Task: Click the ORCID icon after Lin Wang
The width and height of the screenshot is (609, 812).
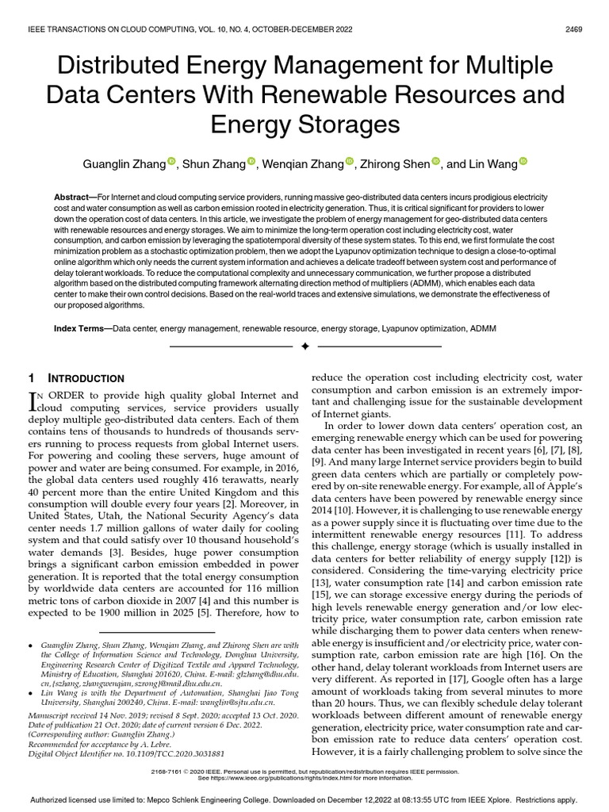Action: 522,163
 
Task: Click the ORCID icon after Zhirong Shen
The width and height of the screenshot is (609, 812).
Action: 435,163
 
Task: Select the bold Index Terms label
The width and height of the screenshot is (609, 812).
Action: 82,327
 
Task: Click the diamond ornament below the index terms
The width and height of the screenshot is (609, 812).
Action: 304,347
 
